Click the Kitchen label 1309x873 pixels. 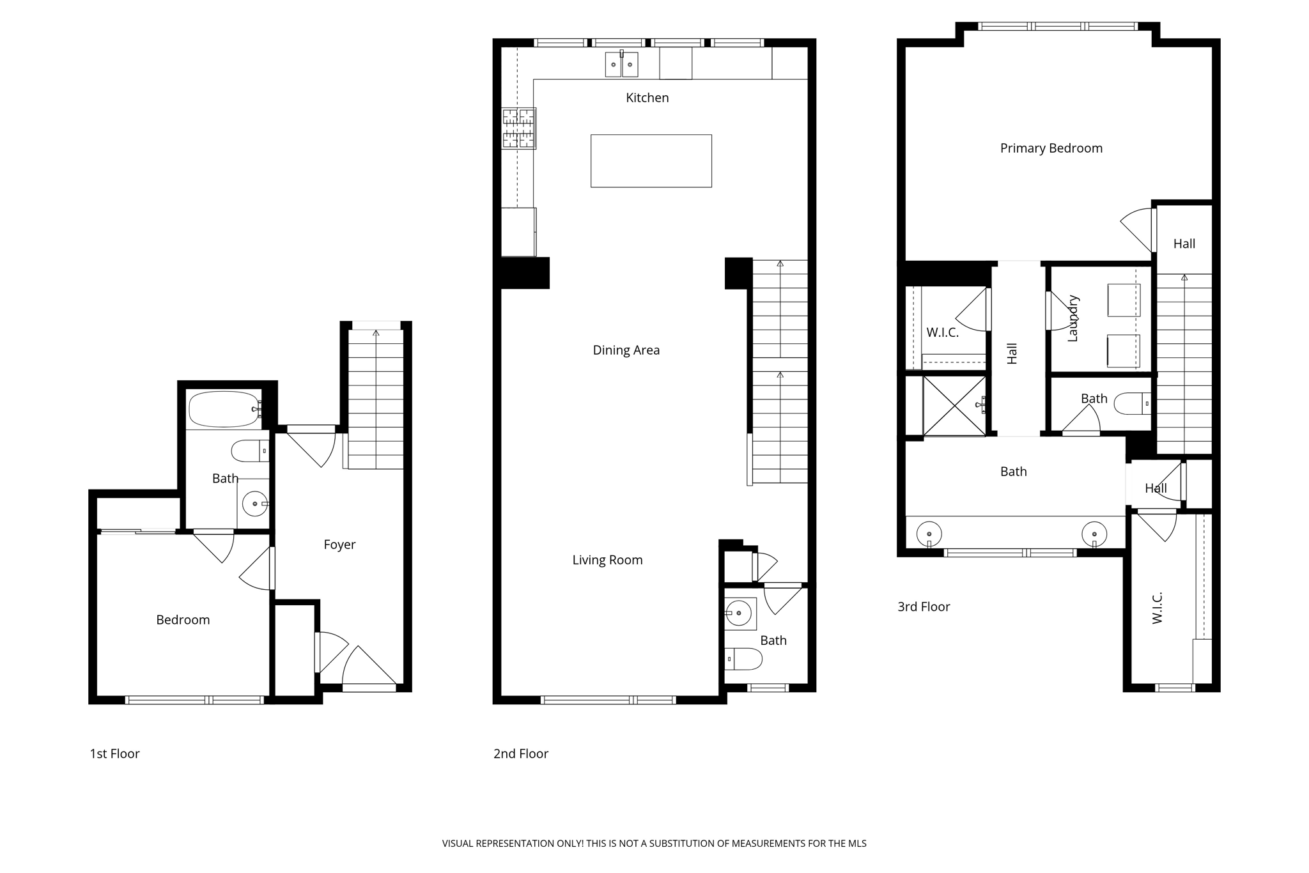[647, 98]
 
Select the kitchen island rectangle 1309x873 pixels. [651, 160]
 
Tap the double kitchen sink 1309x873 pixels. [621, 65]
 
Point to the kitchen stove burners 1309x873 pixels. [518, 128]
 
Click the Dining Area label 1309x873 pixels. [626, 350]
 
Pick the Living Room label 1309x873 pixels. [607, 560]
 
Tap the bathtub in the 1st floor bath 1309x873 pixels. [224, 409]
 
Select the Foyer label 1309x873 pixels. [339, 545]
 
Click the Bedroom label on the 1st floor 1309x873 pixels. [183, 620]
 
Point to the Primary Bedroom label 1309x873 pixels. [1051, 148]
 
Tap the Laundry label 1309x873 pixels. [1073, 318]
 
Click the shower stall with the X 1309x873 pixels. [954, 406]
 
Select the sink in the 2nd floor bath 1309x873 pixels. [739, 614]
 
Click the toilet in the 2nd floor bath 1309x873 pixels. [745, 658]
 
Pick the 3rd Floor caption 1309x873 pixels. [924, 606]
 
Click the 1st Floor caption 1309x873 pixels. [114, 753]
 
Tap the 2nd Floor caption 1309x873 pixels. [520, 753]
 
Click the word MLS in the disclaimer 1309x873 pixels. [856, 844]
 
